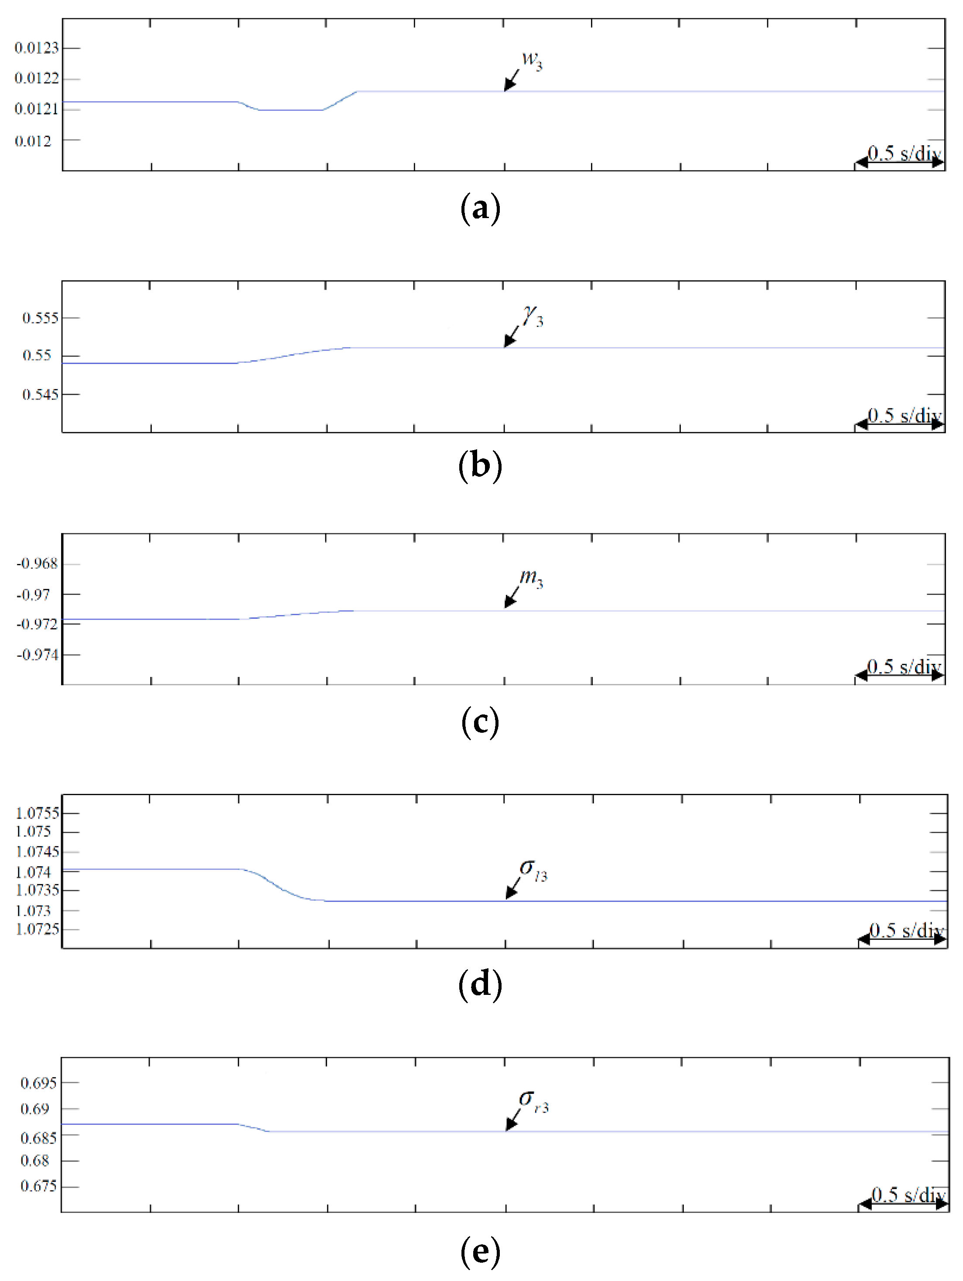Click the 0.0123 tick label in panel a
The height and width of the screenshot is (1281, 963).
37,48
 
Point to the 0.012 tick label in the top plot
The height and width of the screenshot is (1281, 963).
33,141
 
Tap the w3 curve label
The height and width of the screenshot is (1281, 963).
532,60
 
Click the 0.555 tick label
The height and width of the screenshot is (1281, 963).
41,318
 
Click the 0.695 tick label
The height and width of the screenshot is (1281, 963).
39,1083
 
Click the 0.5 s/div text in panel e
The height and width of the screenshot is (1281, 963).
908,1195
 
